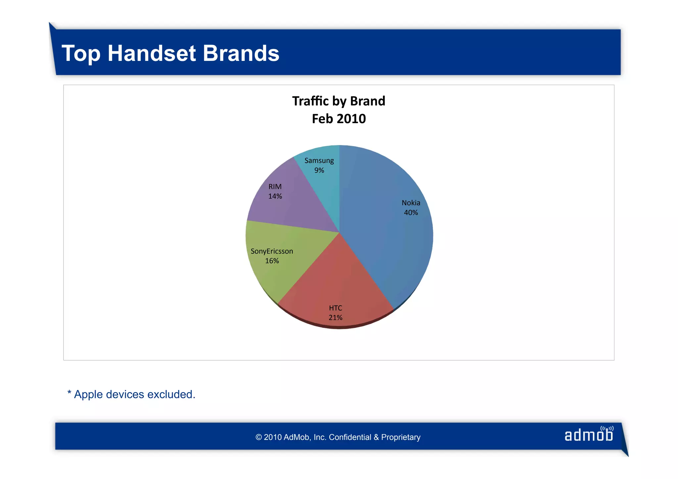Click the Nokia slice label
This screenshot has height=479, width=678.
pos(411,203)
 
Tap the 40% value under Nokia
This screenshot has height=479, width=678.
pos(411,213)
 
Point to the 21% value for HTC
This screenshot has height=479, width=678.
pos(335,317)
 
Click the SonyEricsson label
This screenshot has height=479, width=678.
pos(272,251)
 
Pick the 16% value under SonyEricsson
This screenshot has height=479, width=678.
pos(272,261)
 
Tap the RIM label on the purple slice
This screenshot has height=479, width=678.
pos(275,187)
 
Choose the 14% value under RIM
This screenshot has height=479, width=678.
pos(275,196)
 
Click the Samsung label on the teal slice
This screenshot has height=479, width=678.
pos(319,161)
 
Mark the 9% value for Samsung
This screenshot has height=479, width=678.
pos(319,170)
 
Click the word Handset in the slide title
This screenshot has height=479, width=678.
pos(152,53)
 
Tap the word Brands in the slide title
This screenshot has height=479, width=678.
pos(241,53)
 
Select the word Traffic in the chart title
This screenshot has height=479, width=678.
pos(311,101)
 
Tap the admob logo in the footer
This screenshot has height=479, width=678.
pos(589,435)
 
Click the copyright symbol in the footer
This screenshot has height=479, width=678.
pos(259,437)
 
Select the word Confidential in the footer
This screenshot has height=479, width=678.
pos(350,437)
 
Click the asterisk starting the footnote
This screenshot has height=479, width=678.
pos(69,393)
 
